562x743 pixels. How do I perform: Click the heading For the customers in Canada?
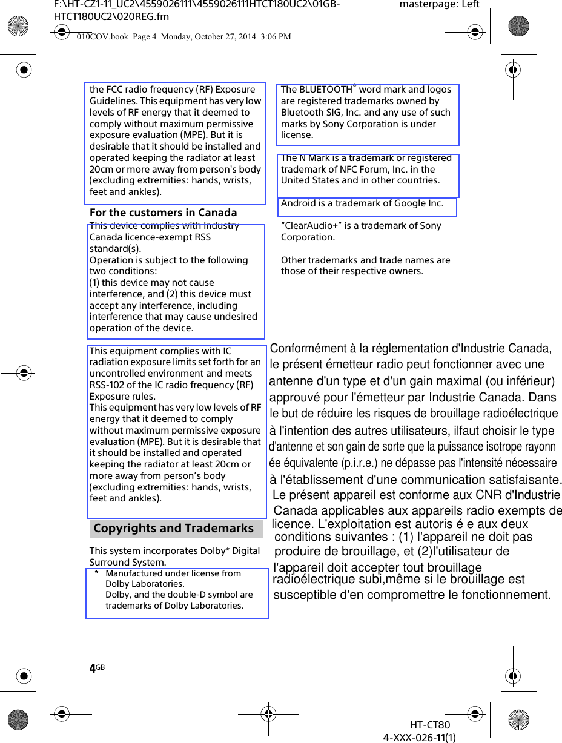coord(163,213)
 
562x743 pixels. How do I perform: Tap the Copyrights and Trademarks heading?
coord(173,528)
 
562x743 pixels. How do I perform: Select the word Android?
coord(297,203)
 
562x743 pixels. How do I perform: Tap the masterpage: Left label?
coord(439,5)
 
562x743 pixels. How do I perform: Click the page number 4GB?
coord(96,669)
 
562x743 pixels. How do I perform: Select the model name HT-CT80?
coord(430,725)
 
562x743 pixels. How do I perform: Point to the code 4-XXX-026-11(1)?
coord(420,737)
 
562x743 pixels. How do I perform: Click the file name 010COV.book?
coord(102,37)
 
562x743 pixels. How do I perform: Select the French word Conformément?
coord(308,349)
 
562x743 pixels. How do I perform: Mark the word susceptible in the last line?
coord(306,595)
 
